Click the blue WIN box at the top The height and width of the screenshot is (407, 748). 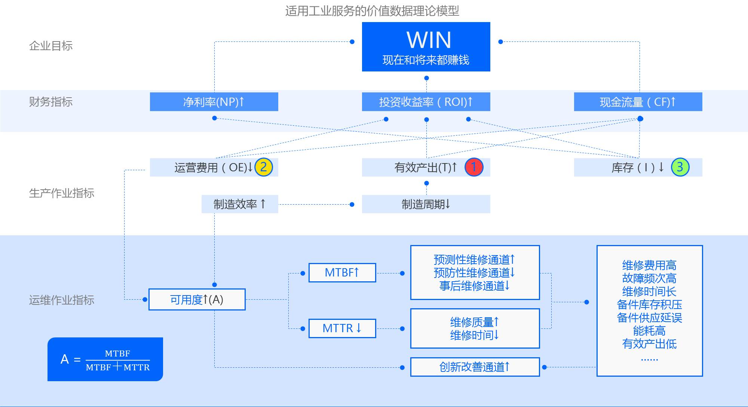[426, 47]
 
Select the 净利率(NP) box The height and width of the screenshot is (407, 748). [214, 102]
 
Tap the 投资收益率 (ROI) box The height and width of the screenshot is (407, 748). [426, 102]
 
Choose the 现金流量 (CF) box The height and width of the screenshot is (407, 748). [638, 102]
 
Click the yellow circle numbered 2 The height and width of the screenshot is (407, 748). [264, 167]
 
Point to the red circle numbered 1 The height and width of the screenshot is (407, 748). [474, 167]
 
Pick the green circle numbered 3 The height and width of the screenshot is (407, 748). [680, 167]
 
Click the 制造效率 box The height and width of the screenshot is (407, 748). [240, 204]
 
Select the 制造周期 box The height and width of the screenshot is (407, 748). [426, 204]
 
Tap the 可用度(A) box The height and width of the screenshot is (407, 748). [197, 300]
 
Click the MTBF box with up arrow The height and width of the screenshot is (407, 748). [342, 273]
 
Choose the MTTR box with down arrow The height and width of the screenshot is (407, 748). [342, 328]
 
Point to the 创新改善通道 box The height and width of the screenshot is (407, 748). [475, 367]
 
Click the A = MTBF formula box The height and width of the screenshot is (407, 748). [105, 359]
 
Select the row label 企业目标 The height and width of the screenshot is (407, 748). [51, 46]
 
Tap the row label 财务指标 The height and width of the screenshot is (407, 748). [51, 102]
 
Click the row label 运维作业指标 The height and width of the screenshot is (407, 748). [62, 300]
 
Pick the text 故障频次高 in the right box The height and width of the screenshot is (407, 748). [649, 278]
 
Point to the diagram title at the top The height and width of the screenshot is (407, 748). [372, 11]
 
